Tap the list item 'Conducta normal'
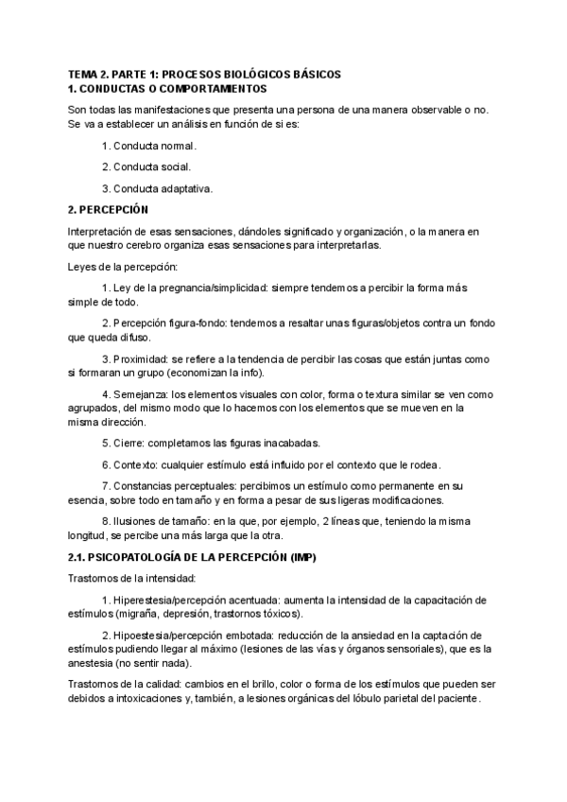(x=155, y=146)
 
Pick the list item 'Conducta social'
(x=151, y=166)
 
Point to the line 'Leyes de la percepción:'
(x=116, y=267)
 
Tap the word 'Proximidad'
(x=138, y=359)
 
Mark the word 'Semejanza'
(x=138, y=395)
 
